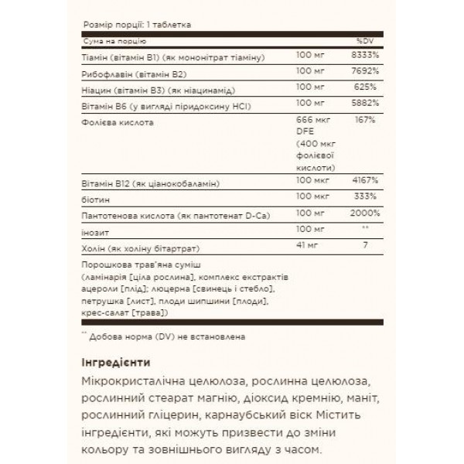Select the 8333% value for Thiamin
point(363,60)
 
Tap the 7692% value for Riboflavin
point(363,75)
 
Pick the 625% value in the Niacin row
point(365,90)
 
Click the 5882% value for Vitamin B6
point(363,106)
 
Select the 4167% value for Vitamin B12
point(363,183)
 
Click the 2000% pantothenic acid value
point(363,213)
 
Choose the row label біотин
point(90,199)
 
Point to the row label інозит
point(90,230)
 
